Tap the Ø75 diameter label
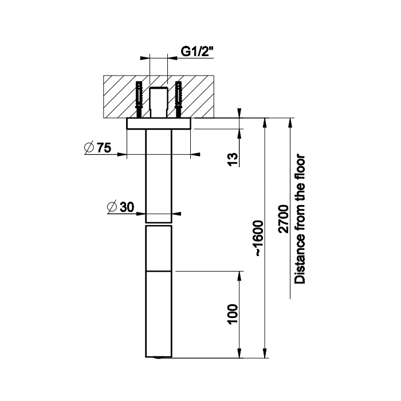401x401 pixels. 98,147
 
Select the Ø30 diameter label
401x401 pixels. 121,207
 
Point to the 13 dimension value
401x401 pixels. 233,159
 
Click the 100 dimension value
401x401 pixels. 233,314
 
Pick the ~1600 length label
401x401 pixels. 258,238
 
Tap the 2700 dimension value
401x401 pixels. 284,219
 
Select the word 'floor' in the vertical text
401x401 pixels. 300,167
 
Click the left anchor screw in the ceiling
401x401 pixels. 139,100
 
